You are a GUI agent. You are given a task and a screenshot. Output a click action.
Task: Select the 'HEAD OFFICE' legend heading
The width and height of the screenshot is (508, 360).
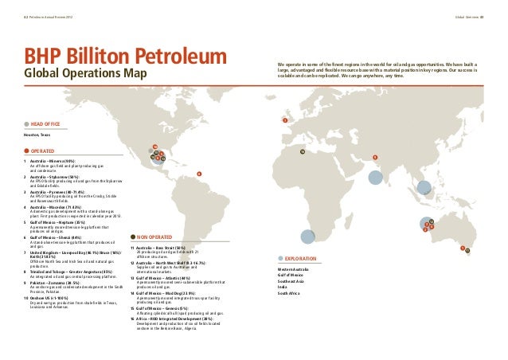45,124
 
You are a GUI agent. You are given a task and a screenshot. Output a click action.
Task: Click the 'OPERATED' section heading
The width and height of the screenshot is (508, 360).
43,151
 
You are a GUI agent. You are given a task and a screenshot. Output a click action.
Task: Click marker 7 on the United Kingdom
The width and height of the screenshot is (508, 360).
284,120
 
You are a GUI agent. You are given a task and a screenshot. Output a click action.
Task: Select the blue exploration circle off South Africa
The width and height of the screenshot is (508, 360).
307,237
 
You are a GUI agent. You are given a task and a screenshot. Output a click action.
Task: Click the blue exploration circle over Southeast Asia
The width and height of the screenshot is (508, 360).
424,187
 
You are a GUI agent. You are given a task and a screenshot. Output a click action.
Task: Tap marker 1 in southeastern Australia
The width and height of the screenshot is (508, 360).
463,248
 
